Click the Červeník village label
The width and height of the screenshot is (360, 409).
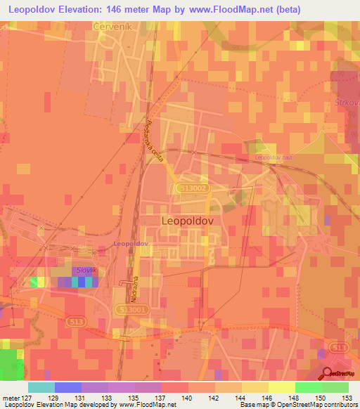tap(109, 25)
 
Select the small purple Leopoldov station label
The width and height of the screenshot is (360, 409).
tap(130, 243)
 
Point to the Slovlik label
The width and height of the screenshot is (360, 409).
tap(85, 271)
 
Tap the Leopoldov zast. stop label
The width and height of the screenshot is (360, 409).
tap(274, 157)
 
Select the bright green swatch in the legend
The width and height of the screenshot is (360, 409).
tap(308, 387)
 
